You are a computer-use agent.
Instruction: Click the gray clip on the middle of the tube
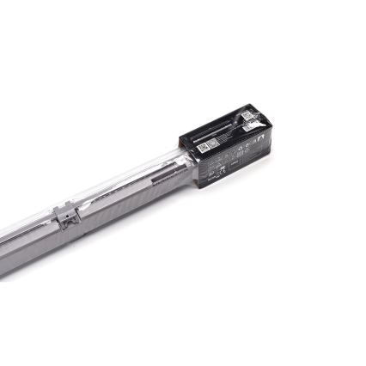tap(70, 214)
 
